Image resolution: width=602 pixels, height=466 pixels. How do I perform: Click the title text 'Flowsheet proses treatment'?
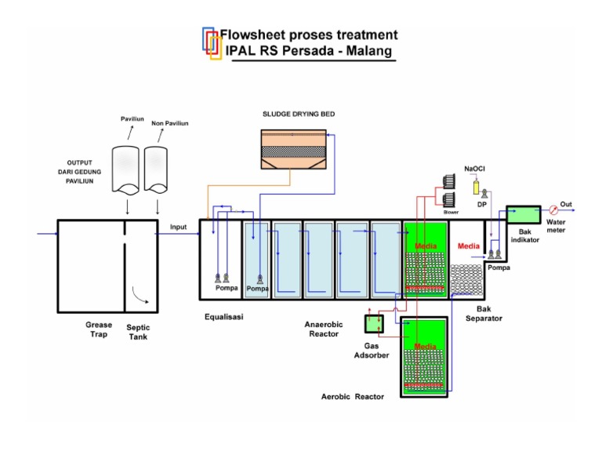[308, 35]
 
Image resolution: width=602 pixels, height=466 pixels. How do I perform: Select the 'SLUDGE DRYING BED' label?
[299, 114]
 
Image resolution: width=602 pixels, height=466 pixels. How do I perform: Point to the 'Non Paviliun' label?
[169, 123]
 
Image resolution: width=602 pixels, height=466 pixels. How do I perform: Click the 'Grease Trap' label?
[99, 329]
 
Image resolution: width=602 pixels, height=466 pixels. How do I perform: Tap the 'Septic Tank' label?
[137, 332]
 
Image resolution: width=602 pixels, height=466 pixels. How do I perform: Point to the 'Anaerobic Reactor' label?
[322, 328]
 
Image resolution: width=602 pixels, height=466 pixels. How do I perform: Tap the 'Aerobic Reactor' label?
[353, 397]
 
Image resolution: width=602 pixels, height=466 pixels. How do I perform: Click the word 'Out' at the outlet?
[566, 204]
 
